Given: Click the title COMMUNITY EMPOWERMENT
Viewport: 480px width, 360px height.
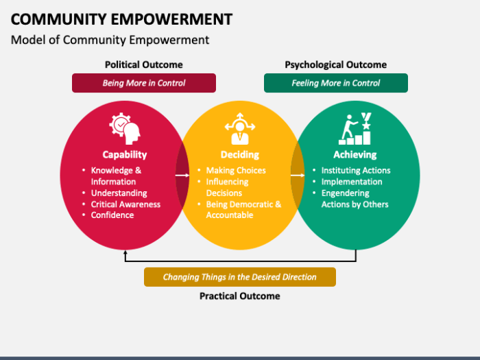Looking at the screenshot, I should [x=121, y=19].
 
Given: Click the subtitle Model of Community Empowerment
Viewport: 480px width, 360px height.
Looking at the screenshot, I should [x=110, y=40].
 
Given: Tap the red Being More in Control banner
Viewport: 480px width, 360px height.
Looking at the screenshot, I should [x=144, y=83].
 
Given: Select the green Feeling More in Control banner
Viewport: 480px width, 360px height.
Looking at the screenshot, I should [x=336, y=83].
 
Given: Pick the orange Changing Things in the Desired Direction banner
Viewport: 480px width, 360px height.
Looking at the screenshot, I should [x=240, y=277].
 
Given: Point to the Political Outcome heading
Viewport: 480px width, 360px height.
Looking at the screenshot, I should [x=144, y=64].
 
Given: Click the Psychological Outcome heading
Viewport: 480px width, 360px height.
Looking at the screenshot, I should [x=336, y=64].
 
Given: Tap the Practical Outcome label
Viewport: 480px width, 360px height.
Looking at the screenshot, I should [x=240, y=296].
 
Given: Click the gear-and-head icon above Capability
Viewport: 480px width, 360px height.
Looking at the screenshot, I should [x=124, y=128].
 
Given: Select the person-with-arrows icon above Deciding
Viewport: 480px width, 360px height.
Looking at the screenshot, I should [x=240, y=128].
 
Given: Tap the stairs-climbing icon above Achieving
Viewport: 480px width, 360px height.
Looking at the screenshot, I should [x=355, y=128].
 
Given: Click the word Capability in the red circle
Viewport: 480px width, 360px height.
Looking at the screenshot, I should [x=125, y=154].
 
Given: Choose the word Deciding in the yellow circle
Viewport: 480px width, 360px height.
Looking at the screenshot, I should [x=240, y=154].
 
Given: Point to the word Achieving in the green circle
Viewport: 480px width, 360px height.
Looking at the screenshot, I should [x=355, y=154].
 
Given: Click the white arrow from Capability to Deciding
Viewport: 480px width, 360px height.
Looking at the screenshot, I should [x=182, y=176].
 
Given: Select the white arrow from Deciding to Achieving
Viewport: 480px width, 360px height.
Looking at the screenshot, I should [x=298, y=176].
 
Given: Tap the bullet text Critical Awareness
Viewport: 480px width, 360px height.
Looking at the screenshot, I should [x=125, y=204].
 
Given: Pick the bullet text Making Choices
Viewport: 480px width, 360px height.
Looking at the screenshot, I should [x=236, y=170].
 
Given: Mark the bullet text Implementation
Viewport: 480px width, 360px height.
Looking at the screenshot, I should [x=352, y=182].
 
